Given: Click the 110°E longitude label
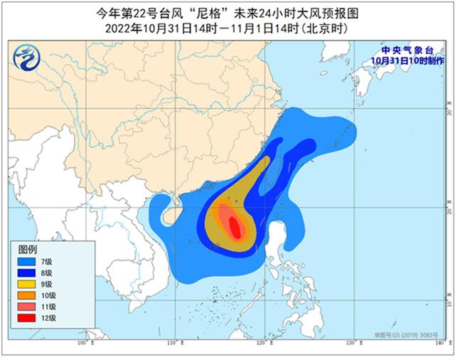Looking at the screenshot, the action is pos(173,344).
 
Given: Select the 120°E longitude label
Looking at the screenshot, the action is pos(263,344).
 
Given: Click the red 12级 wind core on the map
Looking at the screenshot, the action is pos(235,227).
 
